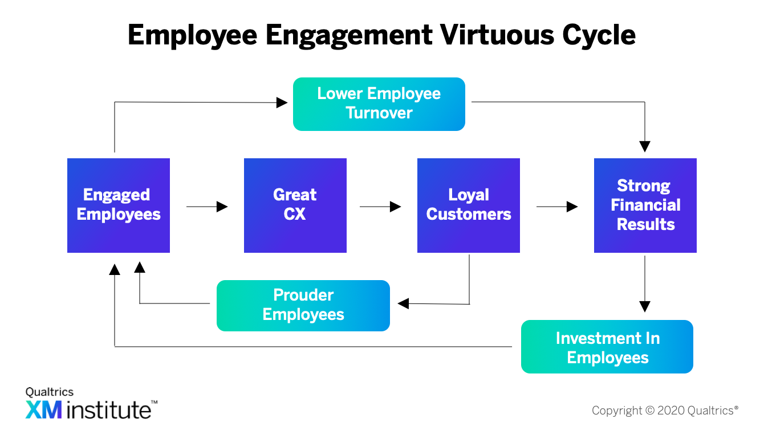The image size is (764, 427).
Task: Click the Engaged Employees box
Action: pos(119,206)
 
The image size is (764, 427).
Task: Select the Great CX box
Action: pos(295,206)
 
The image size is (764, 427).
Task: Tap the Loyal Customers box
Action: pos(469,206)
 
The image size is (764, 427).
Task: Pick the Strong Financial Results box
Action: pos(645,206)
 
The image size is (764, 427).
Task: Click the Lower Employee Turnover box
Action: pos(379,104)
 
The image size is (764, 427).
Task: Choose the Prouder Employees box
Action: pos(303,305)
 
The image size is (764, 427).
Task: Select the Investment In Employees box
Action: pos(607,347)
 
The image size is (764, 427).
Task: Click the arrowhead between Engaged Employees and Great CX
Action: pos(222,207)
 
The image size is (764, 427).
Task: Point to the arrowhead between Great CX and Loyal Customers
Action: pos(395,207)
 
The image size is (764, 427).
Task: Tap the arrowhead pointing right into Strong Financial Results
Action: pos(572,207)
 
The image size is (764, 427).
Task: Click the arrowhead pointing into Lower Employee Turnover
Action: pos(282,102)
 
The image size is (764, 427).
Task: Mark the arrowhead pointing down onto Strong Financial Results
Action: pos(645,146)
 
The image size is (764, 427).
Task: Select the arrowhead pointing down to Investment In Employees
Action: pos(645,306)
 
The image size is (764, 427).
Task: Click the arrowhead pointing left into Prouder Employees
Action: pos(403,303)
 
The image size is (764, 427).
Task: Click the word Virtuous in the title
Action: pos(497,35)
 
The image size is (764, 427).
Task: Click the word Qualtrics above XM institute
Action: pos(50,392)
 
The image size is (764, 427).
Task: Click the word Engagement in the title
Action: pos(349,36)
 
